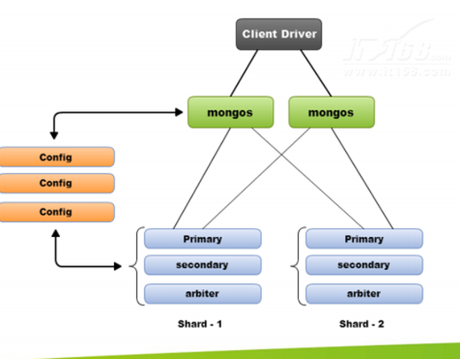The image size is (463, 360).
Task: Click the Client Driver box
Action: coord(279,34)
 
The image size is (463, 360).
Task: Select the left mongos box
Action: coord(230,112)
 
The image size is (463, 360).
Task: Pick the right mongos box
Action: coord(332,112)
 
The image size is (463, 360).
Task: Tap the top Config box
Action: coord(56,157)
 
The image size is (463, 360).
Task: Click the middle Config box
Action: coord(56,184)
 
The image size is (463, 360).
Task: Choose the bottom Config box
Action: coord(56,212)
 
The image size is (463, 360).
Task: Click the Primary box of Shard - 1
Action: coord(202,239)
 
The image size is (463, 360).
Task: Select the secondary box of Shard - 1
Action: coord(202,265)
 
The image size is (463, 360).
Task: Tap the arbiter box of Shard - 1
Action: coord(202,293)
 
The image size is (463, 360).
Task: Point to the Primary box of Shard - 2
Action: coord(364,239)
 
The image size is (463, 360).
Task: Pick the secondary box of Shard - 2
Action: coord(364,265)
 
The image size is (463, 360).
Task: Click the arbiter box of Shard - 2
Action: coord(364,293)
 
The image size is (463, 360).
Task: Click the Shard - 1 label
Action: coord(200,324)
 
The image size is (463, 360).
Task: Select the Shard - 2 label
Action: coord(361,324)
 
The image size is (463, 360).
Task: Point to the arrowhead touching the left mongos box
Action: coord(184,113)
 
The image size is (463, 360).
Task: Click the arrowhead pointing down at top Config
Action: coord(54,136)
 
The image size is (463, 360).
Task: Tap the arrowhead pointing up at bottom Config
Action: coord(55,233)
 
